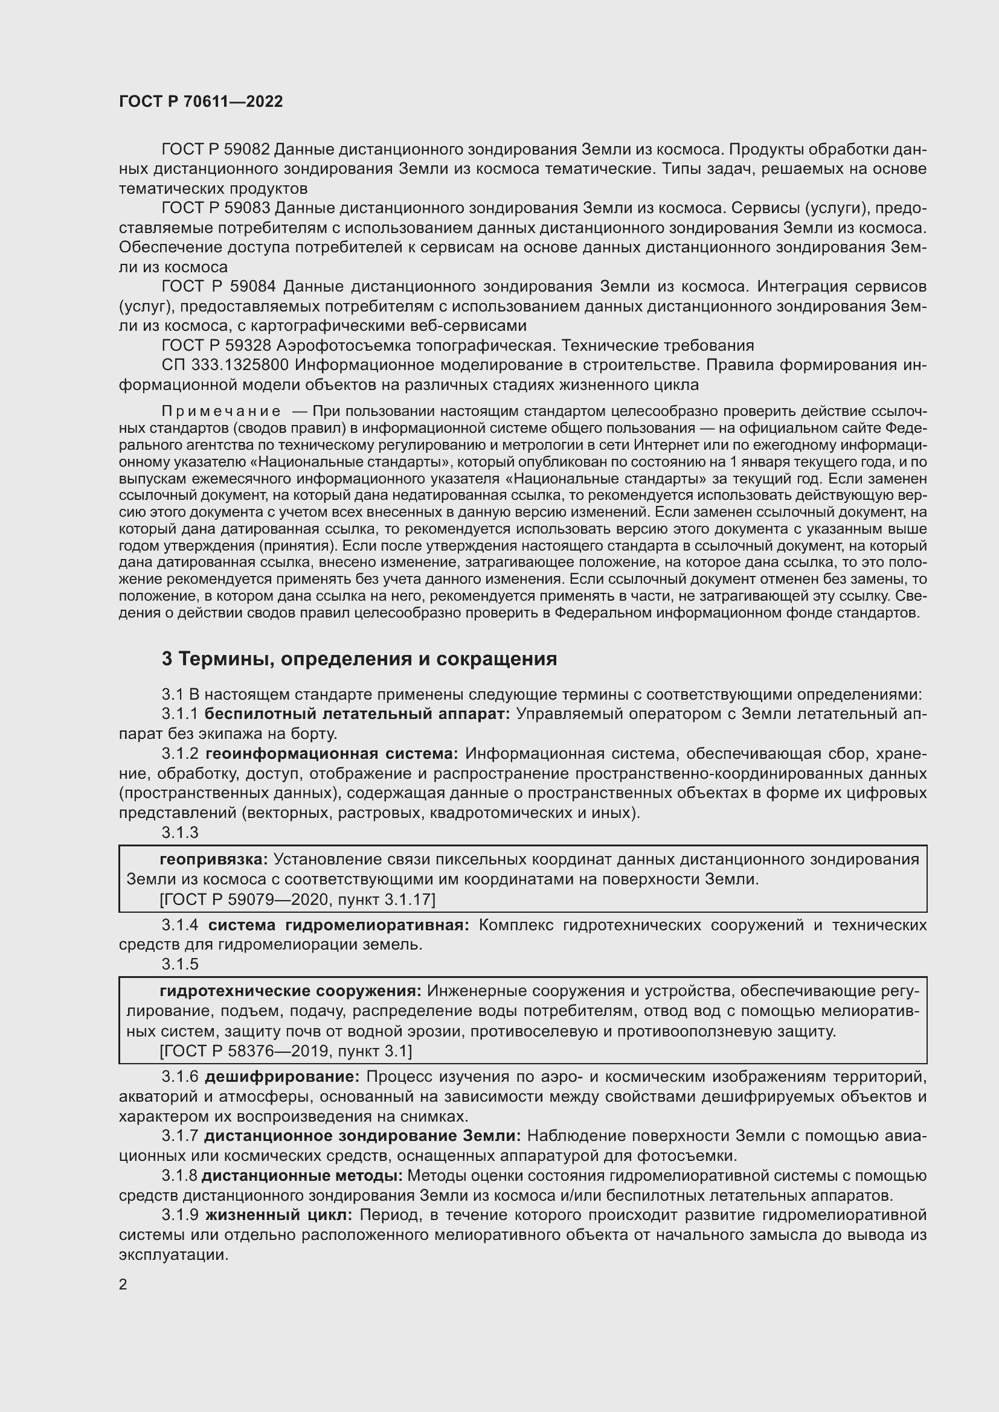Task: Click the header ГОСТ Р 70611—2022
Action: [x=201, y=101]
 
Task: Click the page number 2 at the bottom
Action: [x=123, y=1284]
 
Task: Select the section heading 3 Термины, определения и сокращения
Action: [x=359, y=659]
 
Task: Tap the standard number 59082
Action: [x=248, y=150]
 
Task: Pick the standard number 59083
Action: [x=248, y=208]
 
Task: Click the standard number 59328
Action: [x=248, y=345]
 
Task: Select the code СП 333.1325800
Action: [x=225, y=365]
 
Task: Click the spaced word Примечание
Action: [x=221, y=411]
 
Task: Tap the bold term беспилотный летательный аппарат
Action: [x=357, y=714]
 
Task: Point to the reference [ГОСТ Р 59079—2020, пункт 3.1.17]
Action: [x=297, y=899]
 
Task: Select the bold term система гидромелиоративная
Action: [x=338, y=925]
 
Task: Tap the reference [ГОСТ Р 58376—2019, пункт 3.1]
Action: [x=286, y=1051]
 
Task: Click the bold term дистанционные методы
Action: [x=302, y=1176]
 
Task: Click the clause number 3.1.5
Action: [x=180, y=963]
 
